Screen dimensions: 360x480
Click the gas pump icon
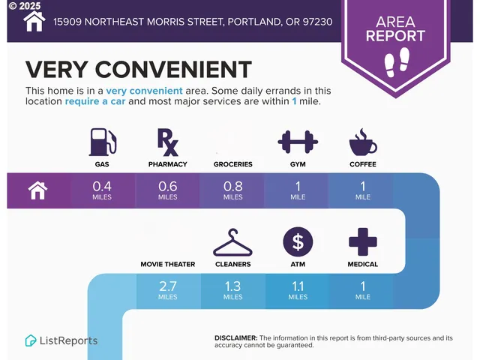tap(102, 142)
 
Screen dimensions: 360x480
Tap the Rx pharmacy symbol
tap(167, 142)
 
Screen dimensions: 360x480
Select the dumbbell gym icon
tap(298, 141)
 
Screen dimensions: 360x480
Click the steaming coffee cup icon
tap(363, 142)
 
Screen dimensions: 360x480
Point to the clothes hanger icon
tap(232, 242)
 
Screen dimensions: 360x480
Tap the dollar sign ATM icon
tap(298, 242)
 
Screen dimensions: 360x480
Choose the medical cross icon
tap(363, 242)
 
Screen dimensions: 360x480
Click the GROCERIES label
tap(232, 163)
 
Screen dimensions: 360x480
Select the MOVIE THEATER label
tap(167, 264)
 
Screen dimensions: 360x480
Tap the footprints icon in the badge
tap(395, 61)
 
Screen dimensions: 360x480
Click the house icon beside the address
tap(34, 21)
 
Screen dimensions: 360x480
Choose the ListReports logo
tap(61, 340)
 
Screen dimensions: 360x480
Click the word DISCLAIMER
tap(236, 337)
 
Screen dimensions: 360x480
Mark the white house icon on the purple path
tap(38, 190)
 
